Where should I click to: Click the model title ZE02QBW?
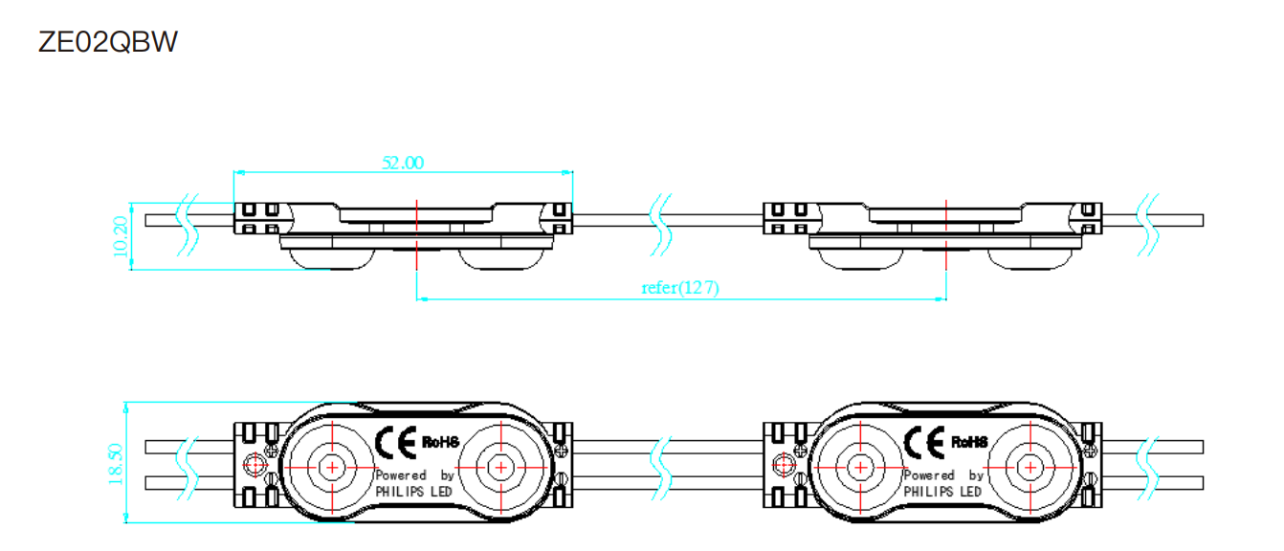pos(108,42)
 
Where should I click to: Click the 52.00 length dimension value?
pos(403,163)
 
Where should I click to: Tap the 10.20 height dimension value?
pos(121,236)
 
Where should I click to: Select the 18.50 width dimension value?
pos(115,464)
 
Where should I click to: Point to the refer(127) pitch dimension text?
pos(680,287)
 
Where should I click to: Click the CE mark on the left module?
pos(395,442)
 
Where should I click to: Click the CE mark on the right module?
pos(924,442)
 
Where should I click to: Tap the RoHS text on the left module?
pos(441,442)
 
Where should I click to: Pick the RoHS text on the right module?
pos(970,442)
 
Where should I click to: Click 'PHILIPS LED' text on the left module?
pos(414,492)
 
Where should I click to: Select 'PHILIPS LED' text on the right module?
pos(942,492)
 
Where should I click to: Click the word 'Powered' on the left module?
pos(401,475)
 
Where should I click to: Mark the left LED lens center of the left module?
pos(332,468)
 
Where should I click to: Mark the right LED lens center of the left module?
pos(501,468)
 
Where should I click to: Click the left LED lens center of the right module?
pos(860,468)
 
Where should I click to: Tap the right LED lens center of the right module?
pos(1030,468)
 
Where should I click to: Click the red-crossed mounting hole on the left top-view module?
pos(255,465)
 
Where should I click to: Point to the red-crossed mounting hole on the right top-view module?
pos(784,465)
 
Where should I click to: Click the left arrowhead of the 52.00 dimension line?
pos(239,172)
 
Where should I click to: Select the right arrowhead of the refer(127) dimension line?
pos(941,298)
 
